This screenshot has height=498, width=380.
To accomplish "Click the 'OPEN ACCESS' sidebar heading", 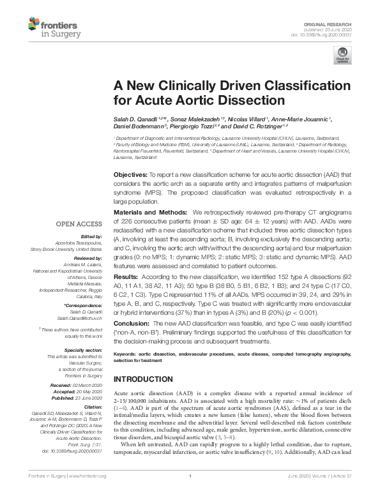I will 79,223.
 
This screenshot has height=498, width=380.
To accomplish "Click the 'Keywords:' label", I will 126,353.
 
